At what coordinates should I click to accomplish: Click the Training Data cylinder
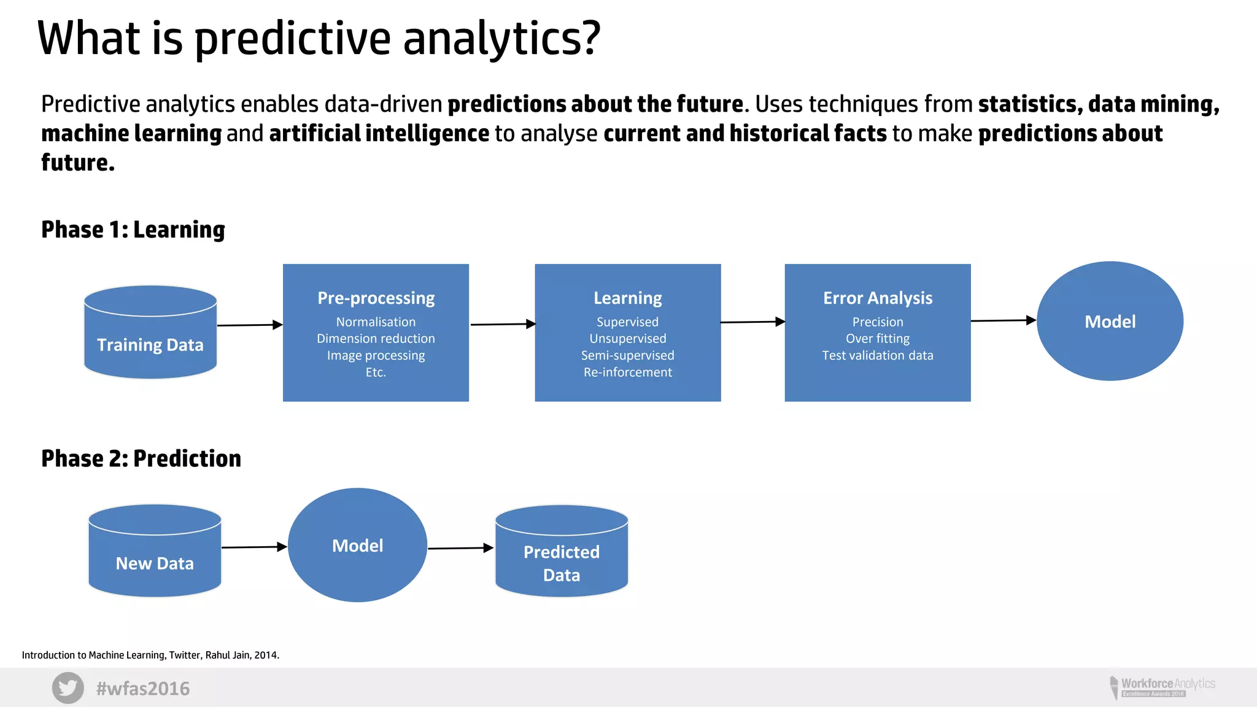click(x=150, y=334)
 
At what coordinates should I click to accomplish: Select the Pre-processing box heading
click(x=376, y=298)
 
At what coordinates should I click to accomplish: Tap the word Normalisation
click(x=376, y=322)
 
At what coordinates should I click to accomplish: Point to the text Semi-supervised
click(x=627, y=355)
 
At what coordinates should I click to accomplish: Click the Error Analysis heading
click(x=878, y=298)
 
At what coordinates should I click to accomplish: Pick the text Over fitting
click(x=878, y=339)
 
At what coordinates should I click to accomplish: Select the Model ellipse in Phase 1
click(x=1110, y=321)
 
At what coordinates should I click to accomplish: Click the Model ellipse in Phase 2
click(x=357, y=545)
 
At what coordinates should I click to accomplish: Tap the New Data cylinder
click(x=155, y=552)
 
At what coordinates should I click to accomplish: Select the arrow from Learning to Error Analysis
click(x=752, y=322)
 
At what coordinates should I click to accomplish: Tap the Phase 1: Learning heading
click(x=133, y=230)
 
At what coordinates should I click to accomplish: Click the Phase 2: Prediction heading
click(x=141, y=458)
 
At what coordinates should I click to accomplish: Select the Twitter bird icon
click(x=68, y=687)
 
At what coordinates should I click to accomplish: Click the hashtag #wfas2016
click(x=143, y=689)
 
